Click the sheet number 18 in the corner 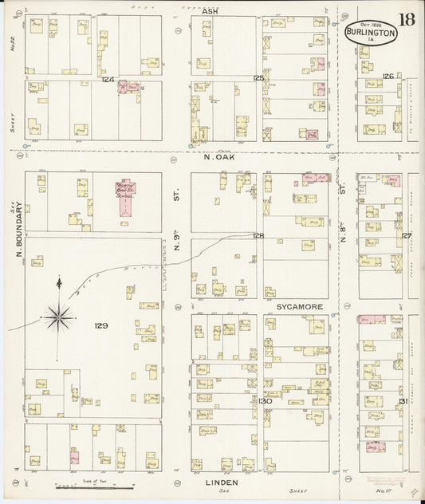407,19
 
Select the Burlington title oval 371,33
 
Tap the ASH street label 211,11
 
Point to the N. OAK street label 217,157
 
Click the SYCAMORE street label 299,305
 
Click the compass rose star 58,317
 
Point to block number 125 258,78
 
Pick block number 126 388,77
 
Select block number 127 406,235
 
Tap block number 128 258,235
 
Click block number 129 100,325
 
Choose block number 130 265,400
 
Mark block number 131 403,400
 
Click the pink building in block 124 128,87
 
